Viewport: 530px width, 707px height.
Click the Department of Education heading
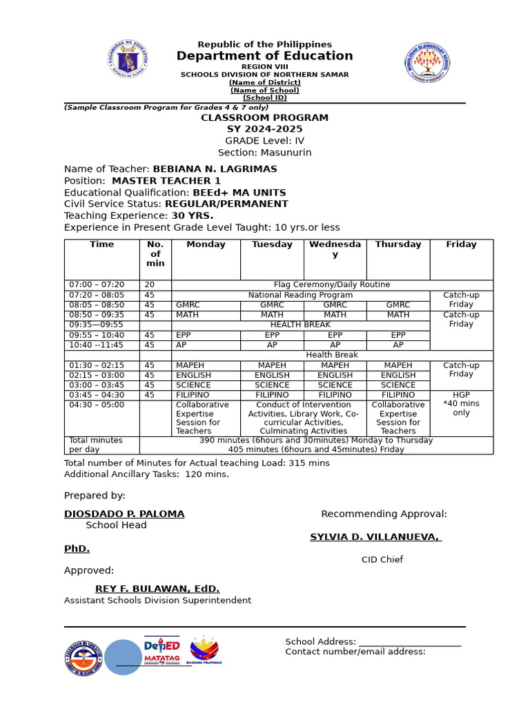(264, 56)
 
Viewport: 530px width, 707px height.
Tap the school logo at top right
(426, 63)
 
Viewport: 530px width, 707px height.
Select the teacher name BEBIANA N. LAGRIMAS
(215, 169)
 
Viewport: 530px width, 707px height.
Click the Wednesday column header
(335, 249)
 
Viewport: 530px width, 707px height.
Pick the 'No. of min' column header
(155, 253)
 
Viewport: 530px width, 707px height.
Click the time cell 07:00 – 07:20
(97, 284)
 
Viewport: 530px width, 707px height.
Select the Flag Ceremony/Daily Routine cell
(332, 284)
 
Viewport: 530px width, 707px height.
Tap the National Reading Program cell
(300, 295)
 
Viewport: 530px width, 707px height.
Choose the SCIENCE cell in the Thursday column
(398, 385)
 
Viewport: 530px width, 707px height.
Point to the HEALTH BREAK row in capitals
(300, 325)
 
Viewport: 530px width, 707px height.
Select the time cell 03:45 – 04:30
(97, 395)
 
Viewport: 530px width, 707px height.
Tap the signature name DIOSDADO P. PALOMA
(124, 514)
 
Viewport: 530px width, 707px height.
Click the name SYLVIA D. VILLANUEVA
(375, 537)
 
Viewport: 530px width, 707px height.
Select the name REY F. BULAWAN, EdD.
(157, 589)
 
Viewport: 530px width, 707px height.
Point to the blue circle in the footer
(123, 657)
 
